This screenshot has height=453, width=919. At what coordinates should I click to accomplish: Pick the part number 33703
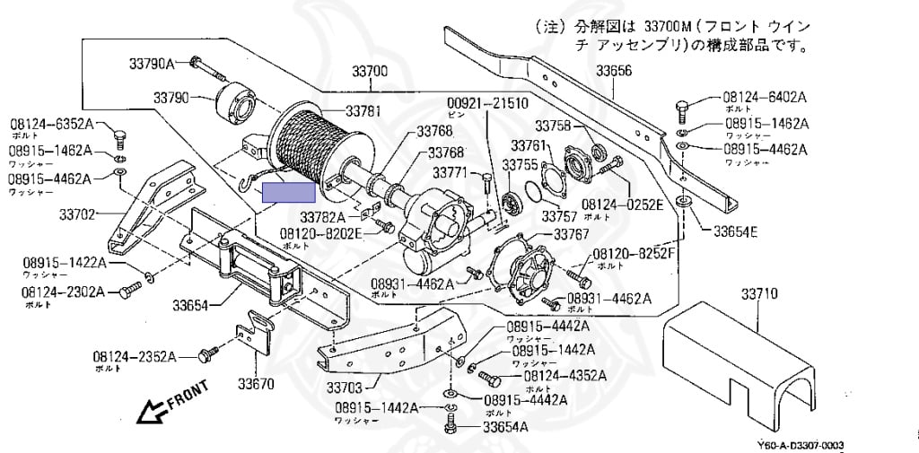click(345, 388)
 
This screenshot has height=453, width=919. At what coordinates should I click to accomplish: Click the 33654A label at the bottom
click(505, 426)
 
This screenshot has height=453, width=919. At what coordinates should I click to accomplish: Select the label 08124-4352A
click(565, 376)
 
